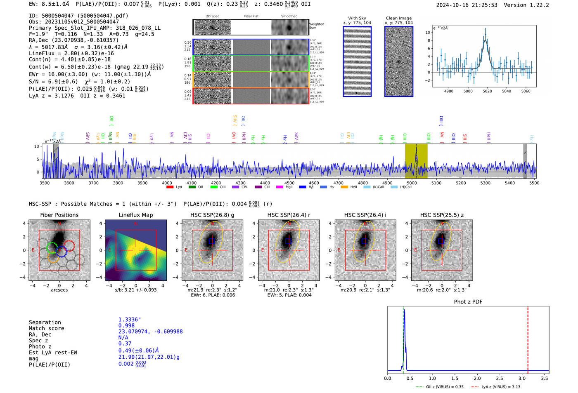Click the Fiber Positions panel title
(x=59, y=215)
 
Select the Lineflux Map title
(x=136, y=215)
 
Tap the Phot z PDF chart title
(x=468, y=301)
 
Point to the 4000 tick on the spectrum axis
(x=167, y=183)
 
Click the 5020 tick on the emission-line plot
(x=487, y=91)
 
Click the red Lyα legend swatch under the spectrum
(x=170, y=187)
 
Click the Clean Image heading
(x=398, y=18)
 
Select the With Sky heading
(x=357, y=18)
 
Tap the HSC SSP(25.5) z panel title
(x=442, y=215)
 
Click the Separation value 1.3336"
(x=130, y=320)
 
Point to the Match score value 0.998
(x=126, y=326)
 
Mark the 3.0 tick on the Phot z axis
(x=522, y=378)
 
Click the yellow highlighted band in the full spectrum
(x=416, y=161)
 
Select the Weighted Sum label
(x=317, y=26)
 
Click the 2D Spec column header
(x=212, y=16)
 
